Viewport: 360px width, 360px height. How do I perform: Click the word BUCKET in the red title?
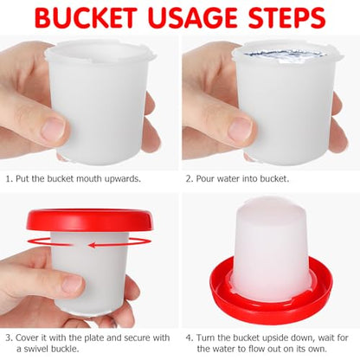click(86, 18)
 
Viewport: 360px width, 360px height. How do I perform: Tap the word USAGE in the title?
click(193, 18)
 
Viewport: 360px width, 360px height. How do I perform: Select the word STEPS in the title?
click(287, 18)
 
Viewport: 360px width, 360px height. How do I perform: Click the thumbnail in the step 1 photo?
click(53, 128)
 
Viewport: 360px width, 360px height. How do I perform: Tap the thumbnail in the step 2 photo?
click(241, 128)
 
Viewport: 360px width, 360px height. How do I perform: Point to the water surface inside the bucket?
click(282, 55)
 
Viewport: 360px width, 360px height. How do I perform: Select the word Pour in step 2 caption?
click(205, 179)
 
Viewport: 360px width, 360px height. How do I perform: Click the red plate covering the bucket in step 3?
click(89, 221)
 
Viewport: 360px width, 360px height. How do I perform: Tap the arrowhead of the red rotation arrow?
click(93, 245)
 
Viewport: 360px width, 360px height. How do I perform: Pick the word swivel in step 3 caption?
click(35, 349)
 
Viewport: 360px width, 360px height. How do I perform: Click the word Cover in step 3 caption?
click(27, 337)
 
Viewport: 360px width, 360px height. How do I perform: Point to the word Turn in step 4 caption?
click(206, 337)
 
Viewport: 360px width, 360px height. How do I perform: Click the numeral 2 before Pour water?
click(189, 179)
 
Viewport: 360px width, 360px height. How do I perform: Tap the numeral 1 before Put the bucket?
click(9, 179)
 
